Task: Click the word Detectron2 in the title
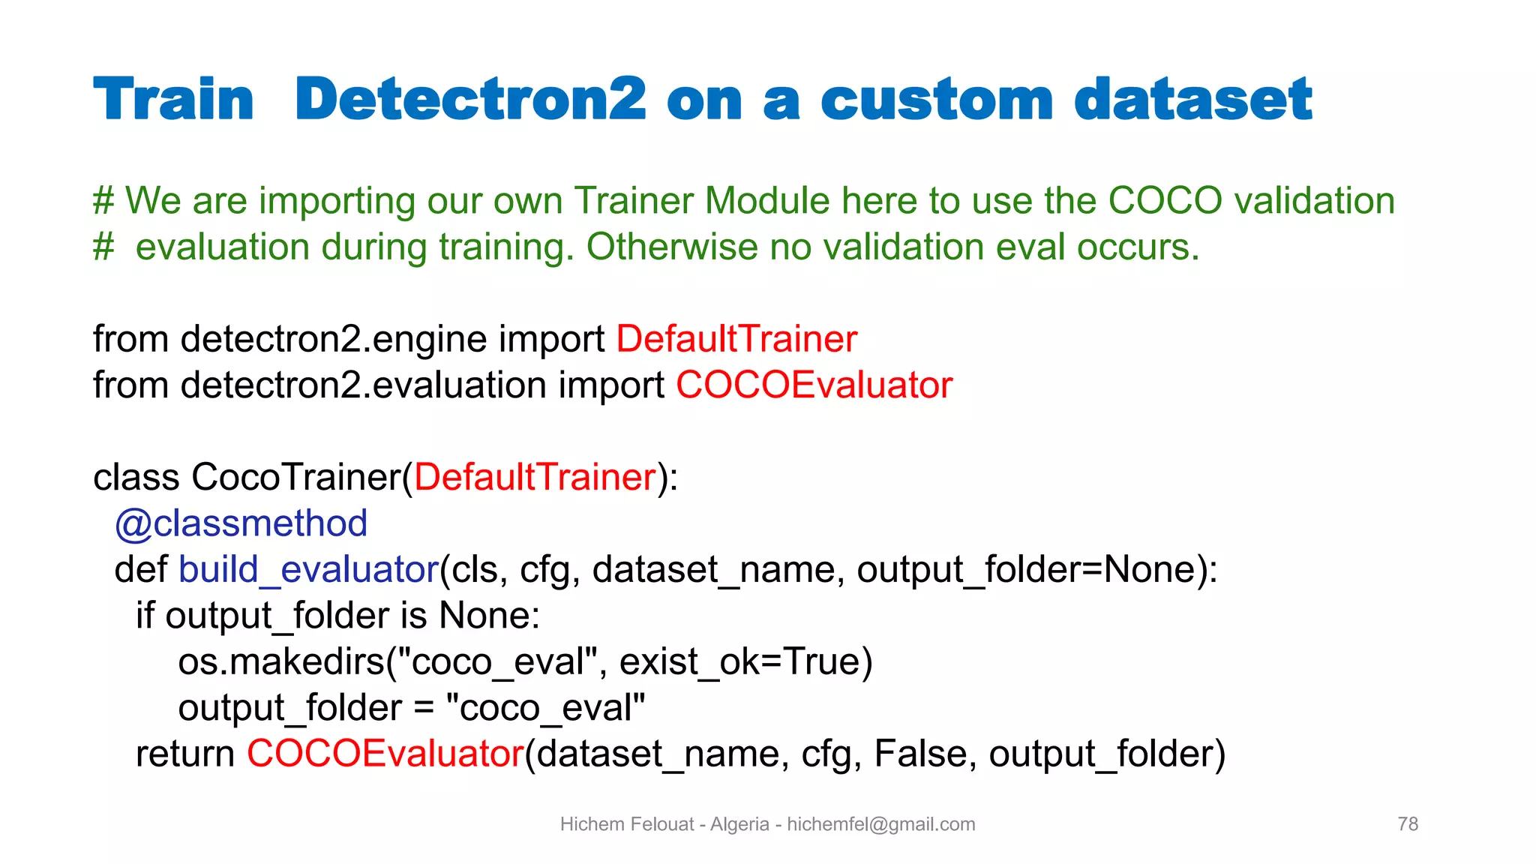(x=470, y=99)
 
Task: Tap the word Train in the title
(x=174, y=99)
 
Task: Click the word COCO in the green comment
(x=1165, y=201)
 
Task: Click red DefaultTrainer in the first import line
(x=736, y=339)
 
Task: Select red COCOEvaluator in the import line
(x=814, y=385)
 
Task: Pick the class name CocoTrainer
(x=295, y=478)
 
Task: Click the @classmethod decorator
(x=241, y=523)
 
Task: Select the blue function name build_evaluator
(x=308, y=570)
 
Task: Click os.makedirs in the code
(x=280, y=662)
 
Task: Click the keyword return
(x=185, y=754)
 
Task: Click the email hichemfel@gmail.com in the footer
(x=880, y=824)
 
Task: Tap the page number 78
(x=1408, y=824)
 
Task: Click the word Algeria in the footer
(x=739, y=824)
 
